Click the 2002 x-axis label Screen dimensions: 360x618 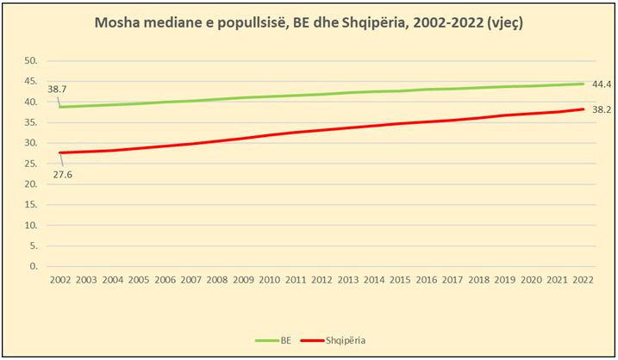click(59, 280)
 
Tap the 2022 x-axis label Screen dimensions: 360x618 click(583, 280)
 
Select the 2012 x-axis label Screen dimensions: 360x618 click(321, 280)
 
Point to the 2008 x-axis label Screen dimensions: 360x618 click(216, 280)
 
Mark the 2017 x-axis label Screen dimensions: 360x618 click(453, 280)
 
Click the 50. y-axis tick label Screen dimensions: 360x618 click(31, 61)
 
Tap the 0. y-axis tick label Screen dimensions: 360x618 click(34, 266)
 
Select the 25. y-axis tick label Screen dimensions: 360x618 click(31, 164)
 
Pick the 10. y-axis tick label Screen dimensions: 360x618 click(31, 225)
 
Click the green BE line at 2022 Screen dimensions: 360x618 click(583, 84)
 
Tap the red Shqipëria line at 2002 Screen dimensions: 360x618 click(59, 152)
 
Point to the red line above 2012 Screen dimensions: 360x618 click(321, 130)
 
